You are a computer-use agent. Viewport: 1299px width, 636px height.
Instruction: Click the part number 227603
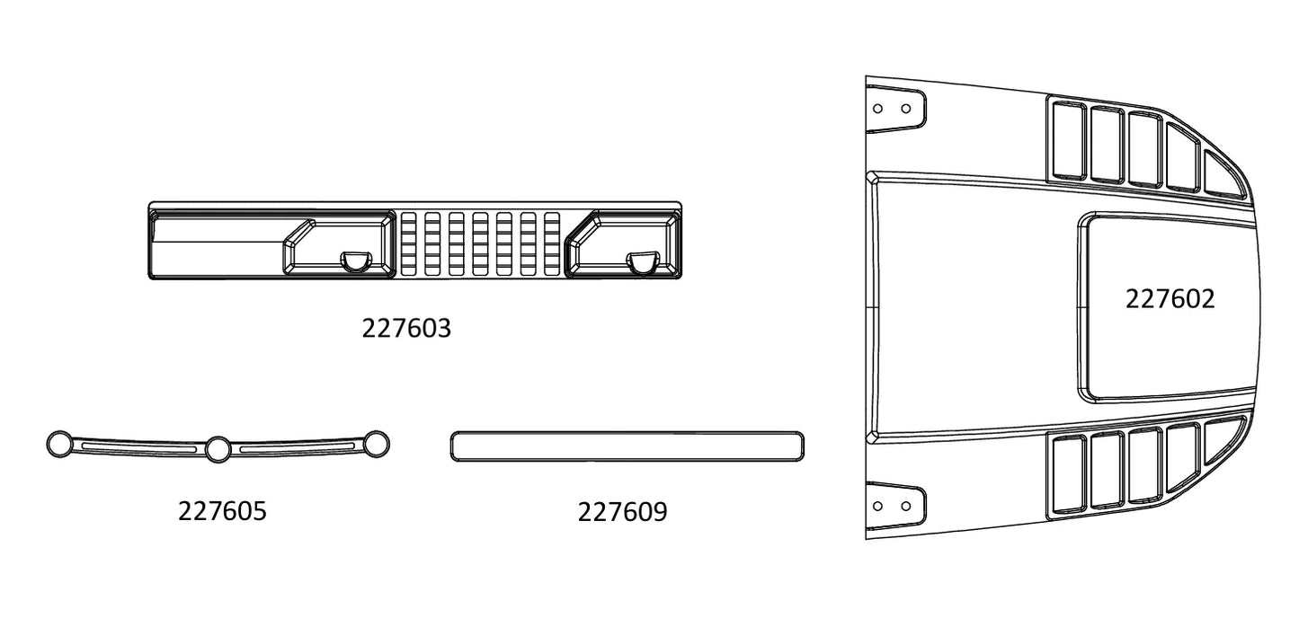(406, 329)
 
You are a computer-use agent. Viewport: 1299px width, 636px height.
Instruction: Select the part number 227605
(222, 511)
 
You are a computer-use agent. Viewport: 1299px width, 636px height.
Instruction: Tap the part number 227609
(622, 511)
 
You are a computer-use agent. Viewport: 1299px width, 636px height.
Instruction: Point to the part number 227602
(1170, 299)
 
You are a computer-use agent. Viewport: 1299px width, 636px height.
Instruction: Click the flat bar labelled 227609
(627, 446)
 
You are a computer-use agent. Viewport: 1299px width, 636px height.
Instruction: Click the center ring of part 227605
(218, 449)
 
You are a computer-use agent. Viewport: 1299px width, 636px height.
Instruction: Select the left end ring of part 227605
(59, 445)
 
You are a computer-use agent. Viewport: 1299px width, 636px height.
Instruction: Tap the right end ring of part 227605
(377, 445)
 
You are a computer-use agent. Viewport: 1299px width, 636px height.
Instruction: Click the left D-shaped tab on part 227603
(355, 261)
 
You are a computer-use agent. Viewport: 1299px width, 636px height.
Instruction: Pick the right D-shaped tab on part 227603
(643, 261)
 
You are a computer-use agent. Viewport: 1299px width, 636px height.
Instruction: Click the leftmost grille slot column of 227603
(408, 243)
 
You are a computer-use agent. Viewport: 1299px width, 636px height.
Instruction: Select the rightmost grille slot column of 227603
(552, 243)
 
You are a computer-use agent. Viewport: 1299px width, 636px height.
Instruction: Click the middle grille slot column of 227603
(480, 243)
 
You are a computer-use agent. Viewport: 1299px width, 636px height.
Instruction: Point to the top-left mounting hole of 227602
(877, 109)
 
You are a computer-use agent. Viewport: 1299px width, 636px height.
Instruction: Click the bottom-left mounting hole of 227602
(877, 507)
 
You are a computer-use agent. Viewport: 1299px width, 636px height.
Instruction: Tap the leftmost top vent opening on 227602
(1070, 141)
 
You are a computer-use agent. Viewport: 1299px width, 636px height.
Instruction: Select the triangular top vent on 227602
(1224, 175)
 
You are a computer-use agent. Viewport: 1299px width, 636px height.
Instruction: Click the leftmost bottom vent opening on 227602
(1070, 474)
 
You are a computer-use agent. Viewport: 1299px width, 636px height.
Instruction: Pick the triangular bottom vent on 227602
(1224, 439)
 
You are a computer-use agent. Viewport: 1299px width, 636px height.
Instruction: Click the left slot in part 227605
(139, 447)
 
